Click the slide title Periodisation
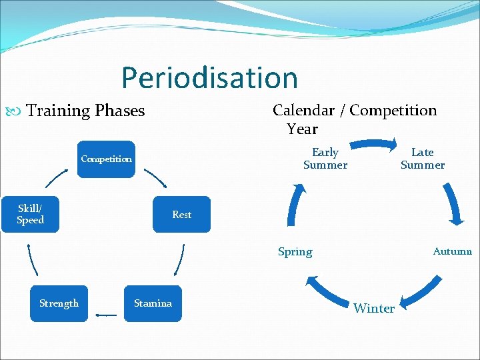click(209, 78)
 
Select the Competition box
click(106, 159)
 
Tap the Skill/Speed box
click(30, 214)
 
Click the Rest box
click(181, 215)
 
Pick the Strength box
click(59, 303)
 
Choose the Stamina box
click(153, 303)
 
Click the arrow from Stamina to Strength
click(106, 314)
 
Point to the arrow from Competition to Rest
click(155, 179)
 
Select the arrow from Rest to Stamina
click(179, 260)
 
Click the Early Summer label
click(325, 159)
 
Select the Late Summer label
click(422, 159)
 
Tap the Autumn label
click(452, 251)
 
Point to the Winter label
click(374, 308)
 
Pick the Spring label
click(295, 252)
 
